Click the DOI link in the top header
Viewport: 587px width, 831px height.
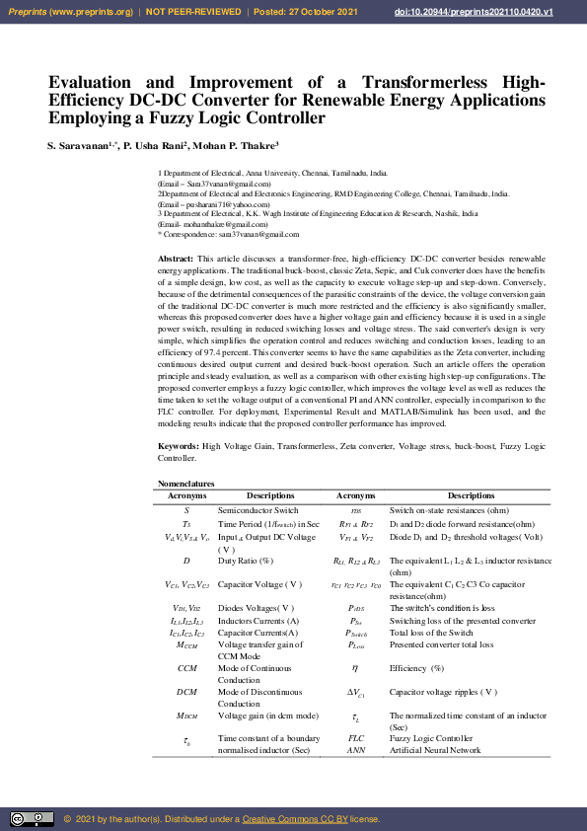pyautogui.click(x=501, y=12)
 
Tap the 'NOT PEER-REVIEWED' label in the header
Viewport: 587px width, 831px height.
pyautogui.click(x=196, y=12)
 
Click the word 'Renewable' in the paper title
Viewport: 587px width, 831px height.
pyautogui.click(x=422, y=100)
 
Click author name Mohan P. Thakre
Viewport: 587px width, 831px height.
pyautogui.click(x=241, y=146)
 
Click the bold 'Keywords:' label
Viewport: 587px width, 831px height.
pyautogui.click(x=179, y=447)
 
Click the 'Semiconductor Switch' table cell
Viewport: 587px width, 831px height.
pyautogui.click(x=257, y=509)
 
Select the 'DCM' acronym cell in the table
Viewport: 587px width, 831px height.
pyautogui.click(x=187, y=692)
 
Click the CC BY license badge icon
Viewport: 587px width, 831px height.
pyautogui.click(x=32, y=819)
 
